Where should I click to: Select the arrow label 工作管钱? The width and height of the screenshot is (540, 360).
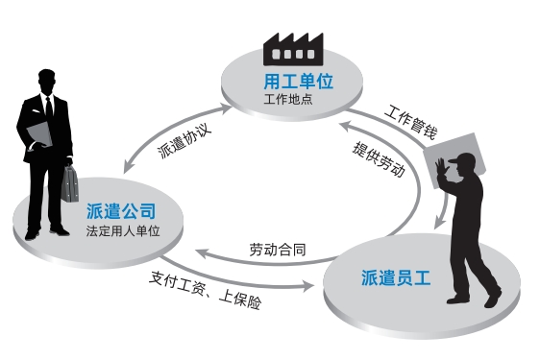click(411, 123)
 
